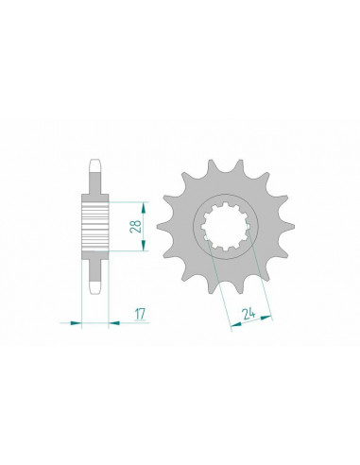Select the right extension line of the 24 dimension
coord(260,274)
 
